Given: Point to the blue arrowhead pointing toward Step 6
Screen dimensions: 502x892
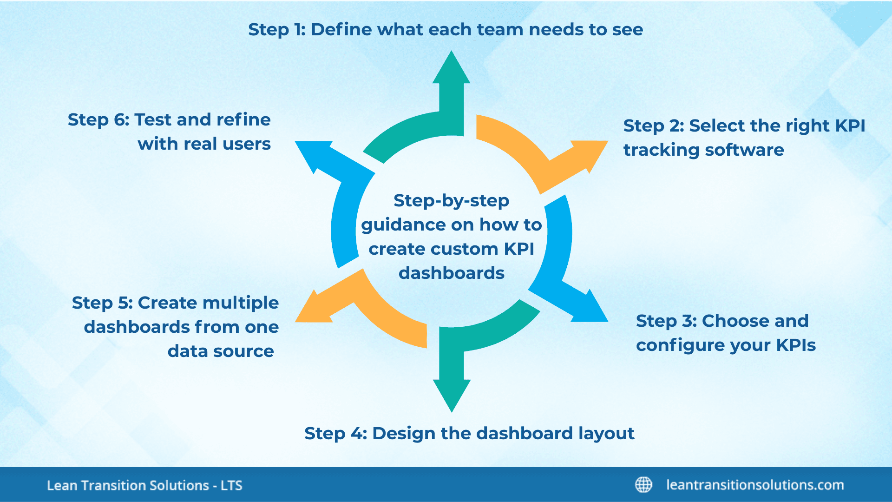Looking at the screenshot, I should [313, 153].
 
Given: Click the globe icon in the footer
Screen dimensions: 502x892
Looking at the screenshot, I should [643, 485].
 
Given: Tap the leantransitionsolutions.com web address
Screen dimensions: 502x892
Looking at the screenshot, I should [755, 485].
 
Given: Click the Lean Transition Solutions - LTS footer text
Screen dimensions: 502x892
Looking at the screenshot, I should [144, 485].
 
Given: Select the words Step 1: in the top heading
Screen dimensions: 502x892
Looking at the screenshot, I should [276, 30].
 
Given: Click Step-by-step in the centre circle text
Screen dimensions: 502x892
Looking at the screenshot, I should [451, 201].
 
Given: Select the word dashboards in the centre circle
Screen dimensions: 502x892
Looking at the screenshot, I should [451, 273].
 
